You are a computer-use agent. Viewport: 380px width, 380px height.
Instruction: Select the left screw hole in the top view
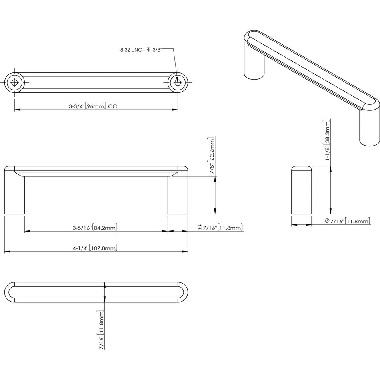tap(15, 83)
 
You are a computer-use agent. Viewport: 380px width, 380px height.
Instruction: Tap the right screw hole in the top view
tap(177, 83)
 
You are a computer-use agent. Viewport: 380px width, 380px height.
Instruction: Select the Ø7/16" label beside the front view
tap(220, 228)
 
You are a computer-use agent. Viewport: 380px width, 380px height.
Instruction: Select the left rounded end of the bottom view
tap(10, 292)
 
